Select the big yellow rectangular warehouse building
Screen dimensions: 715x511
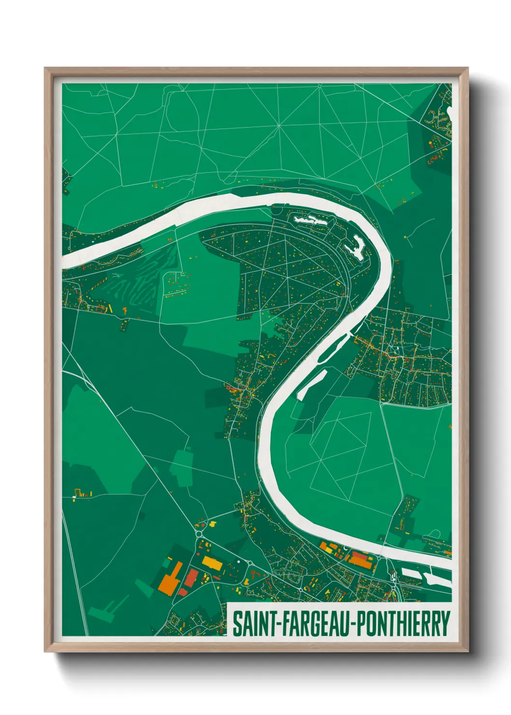(212, 563)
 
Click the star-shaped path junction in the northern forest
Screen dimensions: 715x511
(279, 126)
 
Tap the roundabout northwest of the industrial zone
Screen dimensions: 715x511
(199, 533)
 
